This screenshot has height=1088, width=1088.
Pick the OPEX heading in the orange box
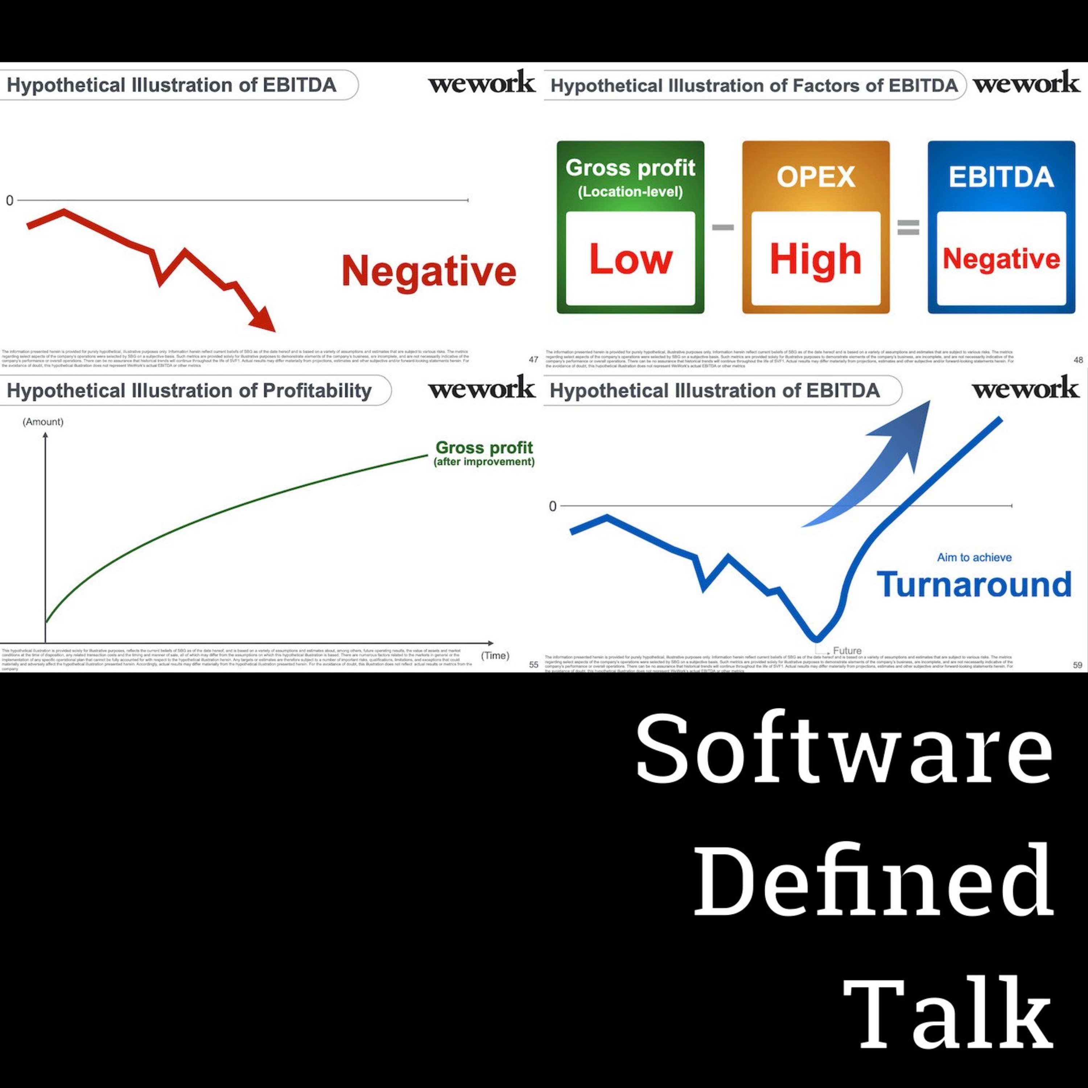coord(815,177)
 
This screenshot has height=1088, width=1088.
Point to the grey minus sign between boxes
coord(722,227)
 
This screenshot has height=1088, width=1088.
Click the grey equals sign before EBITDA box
coord(908,227)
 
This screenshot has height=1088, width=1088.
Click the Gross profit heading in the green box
coord(630,168)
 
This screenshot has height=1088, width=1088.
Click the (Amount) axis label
coord(43,422)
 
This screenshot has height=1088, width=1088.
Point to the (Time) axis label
coord(495,655)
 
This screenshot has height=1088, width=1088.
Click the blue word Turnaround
coord(974,585)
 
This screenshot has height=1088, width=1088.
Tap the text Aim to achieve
coord(974,557)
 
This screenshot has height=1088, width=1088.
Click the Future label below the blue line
coord(847,650)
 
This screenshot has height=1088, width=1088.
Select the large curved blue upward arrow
coord(878,462)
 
